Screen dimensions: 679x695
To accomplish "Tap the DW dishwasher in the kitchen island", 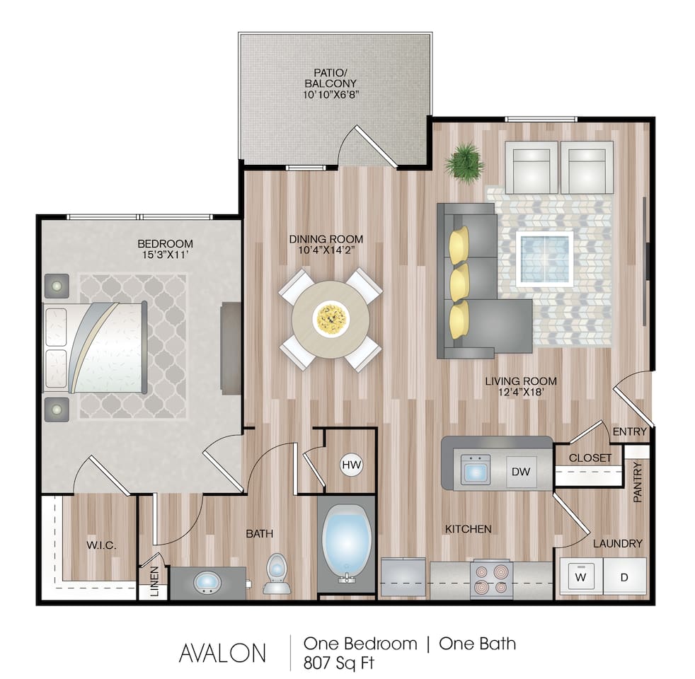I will pos(520,470).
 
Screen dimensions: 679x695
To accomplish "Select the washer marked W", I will pos(581,577).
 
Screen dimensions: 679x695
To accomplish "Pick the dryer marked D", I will pos(624,577).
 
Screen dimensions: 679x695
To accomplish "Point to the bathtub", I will pos(347,542).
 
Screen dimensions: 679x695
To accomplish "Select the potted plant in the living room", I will pos(464,162).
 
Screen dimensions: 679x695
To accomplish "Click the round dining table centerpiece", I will pos(330,318).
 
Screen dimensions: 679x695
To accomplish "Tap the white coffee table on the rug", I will pos(544,258).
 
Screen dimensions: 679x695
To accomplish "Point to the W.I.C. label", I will pos(100,545).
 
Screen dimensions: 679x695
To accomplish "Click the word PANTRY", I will pos(638,482).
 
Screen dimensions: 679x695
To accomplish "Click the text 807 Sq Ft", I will pos(338,663).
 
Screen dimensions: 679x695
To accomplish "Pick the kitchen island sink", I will pos(475,469).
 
